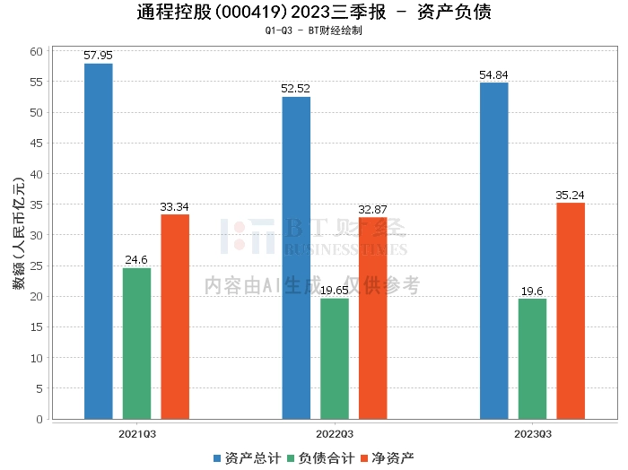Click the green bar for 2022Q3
[x=335, y=358]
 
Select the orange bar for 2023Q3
[x=571, y=310]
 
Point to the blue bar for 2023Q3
[x=494, y=250]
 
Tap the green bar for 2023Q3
[x=532, y=358]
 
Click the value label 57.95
[x=99, y=56]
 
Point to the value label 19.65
[x=335, y=291]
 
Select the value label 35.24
[x=571, y=195]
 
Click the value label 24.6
[x=136, y=260]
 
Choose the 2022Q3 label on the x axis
[x=334, y=433]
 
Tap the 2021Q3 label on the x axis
[x=136, y=433]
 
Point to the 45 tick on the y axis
[x=37, y=144]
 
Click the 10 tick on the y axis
[x=37, y=358]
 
